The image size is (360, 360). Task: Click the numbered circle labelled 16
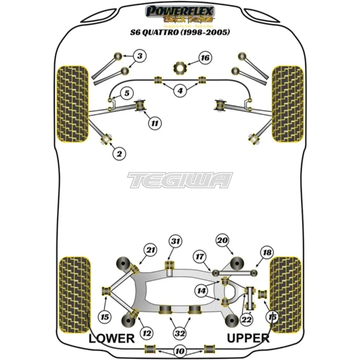[205, 58]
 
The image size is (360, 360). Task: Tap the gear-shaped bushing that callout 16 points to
[179, 67]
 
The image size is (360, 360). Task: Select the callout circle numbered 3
[140, 56]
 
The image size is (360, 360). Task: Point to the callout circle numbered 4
[180, 90]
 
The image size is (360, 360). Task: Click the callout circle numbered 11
[154, 123]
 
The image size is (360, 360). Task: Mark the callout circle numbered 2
[120, 154]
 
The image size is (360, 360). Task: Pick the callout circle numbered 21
[150, 249]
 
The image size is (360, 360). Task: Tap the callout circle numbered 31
[176, 242]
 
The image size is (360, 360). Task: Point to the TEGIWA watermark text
[180, 180]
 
